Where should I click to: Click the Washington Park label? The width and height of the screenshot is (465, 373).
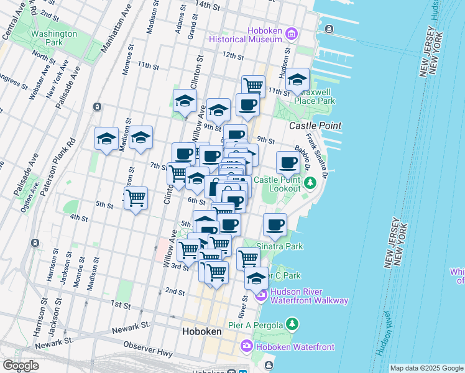click(54, 39)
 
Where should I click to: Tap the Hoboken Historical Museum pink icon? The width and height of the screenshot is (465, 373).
click(292, 32)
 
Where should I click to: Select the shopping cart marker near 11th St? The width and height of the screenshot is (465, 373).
click(253, 85)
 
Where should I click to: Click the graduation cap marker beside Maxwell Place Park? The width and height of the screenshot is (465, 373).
click(298, 80)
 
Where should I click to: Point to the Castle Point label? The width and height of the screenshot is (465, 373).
click(315, 126)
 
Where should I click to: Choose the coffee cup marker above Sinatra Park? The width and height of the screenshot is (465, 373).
click(275, 225)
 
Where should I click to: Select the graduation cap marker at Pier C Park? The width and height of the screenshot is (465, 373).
click(256, 279)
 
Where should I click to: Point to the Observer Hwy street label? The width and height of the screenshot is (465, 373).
click(147, 346)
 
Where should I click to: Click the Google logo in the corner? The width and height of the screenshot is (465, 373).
click(21, 366)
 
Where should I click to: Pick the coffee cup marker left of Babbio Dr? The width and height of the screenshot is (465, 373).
click(287, 163)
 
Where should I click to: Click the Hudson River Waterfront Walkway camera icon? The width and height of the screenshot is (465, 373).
click(262, 295)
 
